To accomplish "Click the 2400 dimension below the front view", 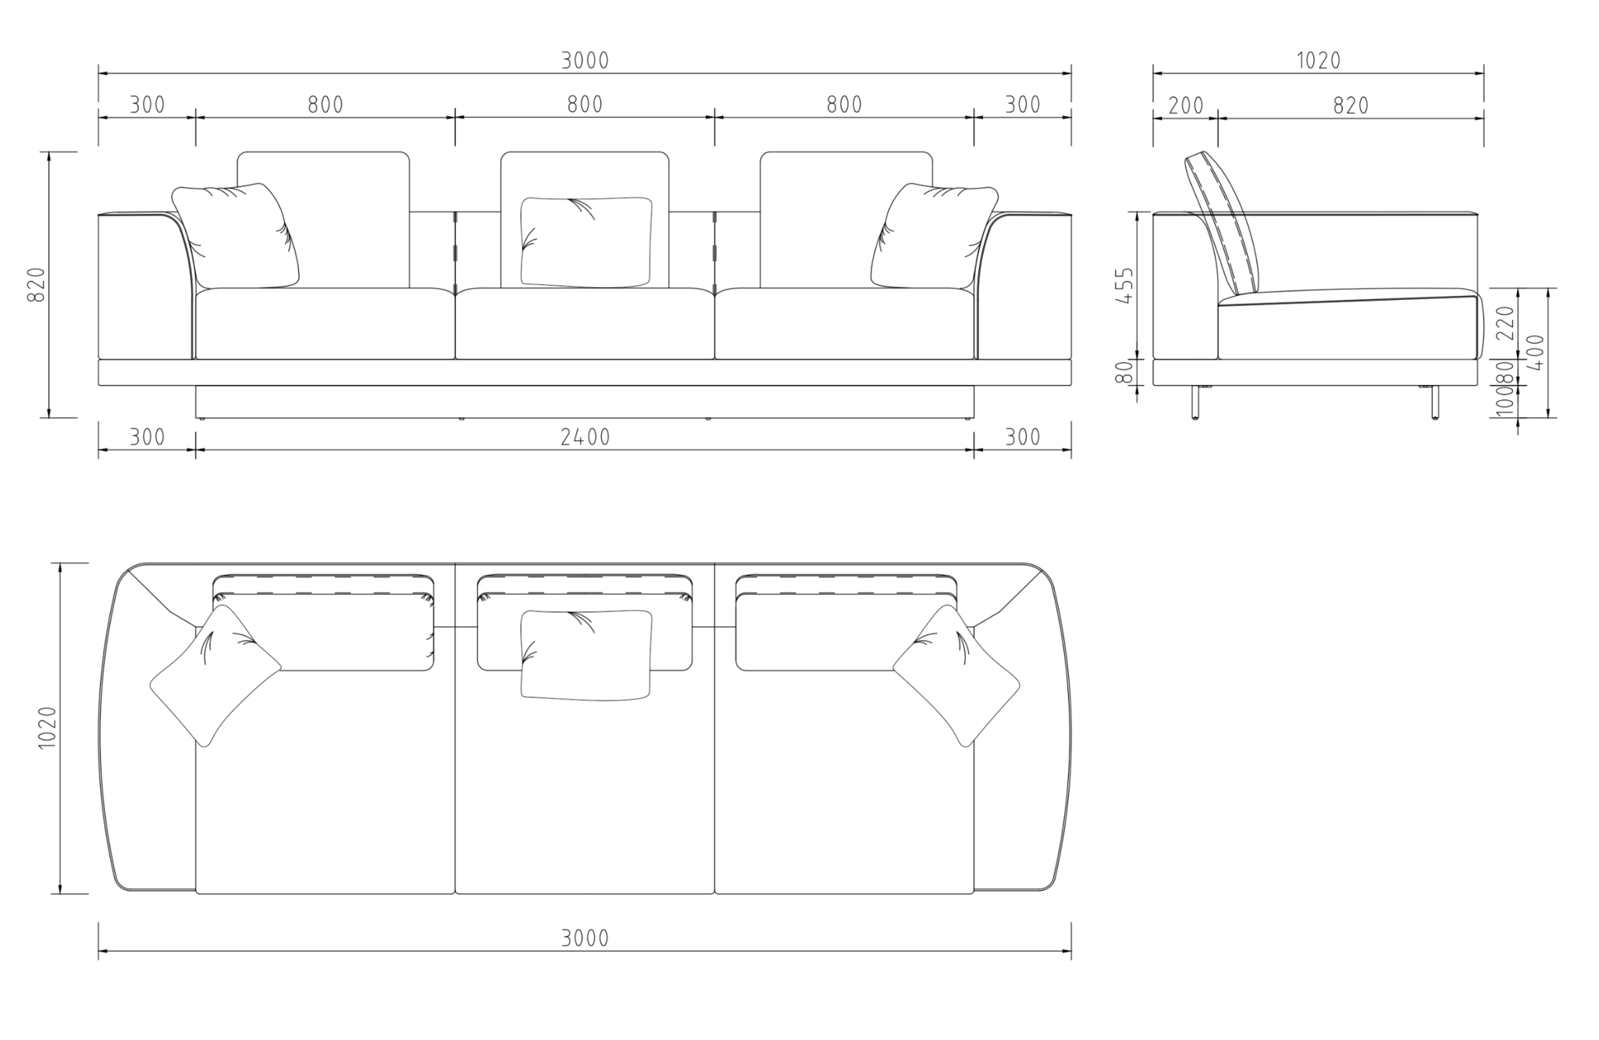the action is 585,437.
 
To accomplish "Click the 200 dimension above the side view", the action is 1186,105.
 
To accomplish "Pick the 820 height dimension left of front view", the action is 36,284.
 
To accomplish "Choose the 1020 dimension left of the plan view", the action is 48,728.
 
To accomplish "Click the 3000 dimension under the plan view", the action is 585,938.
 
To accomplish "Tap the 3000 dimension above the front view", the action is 585,60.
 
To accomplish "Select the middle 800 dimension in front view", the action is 585,105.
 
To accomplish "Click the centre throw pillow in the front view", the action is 586,241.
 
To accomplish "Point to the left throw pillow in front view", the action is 235,236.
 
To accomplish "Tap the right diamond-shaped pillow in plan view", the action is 956,676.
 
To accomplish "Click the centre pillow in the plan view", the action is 586,655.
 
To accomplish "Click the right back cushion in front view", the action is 846,219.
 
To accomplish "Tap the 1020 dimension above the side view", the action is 1319,60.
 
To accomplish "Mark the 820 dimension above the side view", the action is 1351,105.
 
